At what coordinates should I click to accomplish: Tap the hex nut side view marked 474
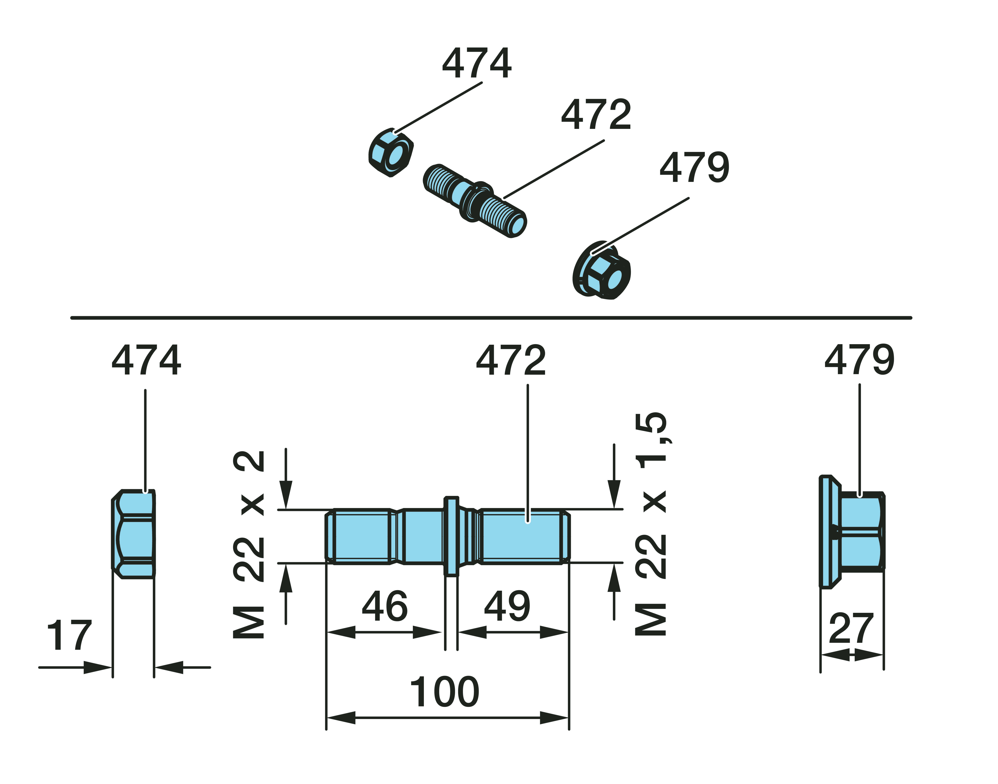(134, 534)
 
